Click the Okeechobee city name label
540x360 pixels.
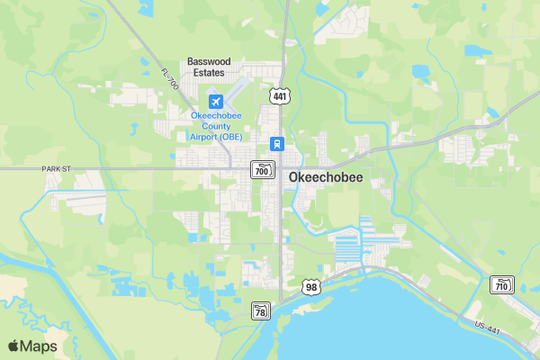pyautogui.click(x=326, y=177)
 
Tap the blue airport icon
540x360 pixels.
pyautogui.click(x=215, y=102)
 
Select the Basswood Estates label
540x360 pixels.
pyautogui.click(x=209, y=67)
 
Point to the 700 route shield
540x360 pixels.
pyautogui.click(x=262, y=169)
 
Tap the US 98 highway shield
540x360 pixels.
pyautogui.click(x=311, y=287)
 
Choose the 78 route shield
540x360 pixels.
pyautogui.click(x=261, y=310)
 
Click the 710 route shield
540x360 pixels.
pyautogui.click(x=501, y=285)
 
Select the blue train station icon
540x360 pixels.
pyautogui.click(x=278, y=144)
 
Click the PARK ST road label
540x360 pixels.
pyautogui.click(x=55, y=168)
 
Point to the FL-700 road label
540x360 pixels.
pyautogui.click(x=170, y=79)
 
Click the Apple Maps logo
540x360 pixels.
pyautogui.click(x=32, y=346)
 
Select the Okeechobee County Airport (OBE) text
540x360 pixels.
pyautogui.click(x=215, y=125)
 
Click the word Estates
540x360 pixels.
pyautogui.click(x=209, y=73)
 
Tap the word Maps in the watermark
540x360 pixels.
pyautogui.click(x=40, y=346)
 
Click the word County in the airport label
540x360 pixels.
pyautogui.click(x=215, y=125)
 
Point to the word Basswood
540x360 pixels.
pyautogui.click(x=209, y=61)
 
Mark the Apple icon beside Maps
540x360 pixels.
pyautogui.click(x=13, y=346)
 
